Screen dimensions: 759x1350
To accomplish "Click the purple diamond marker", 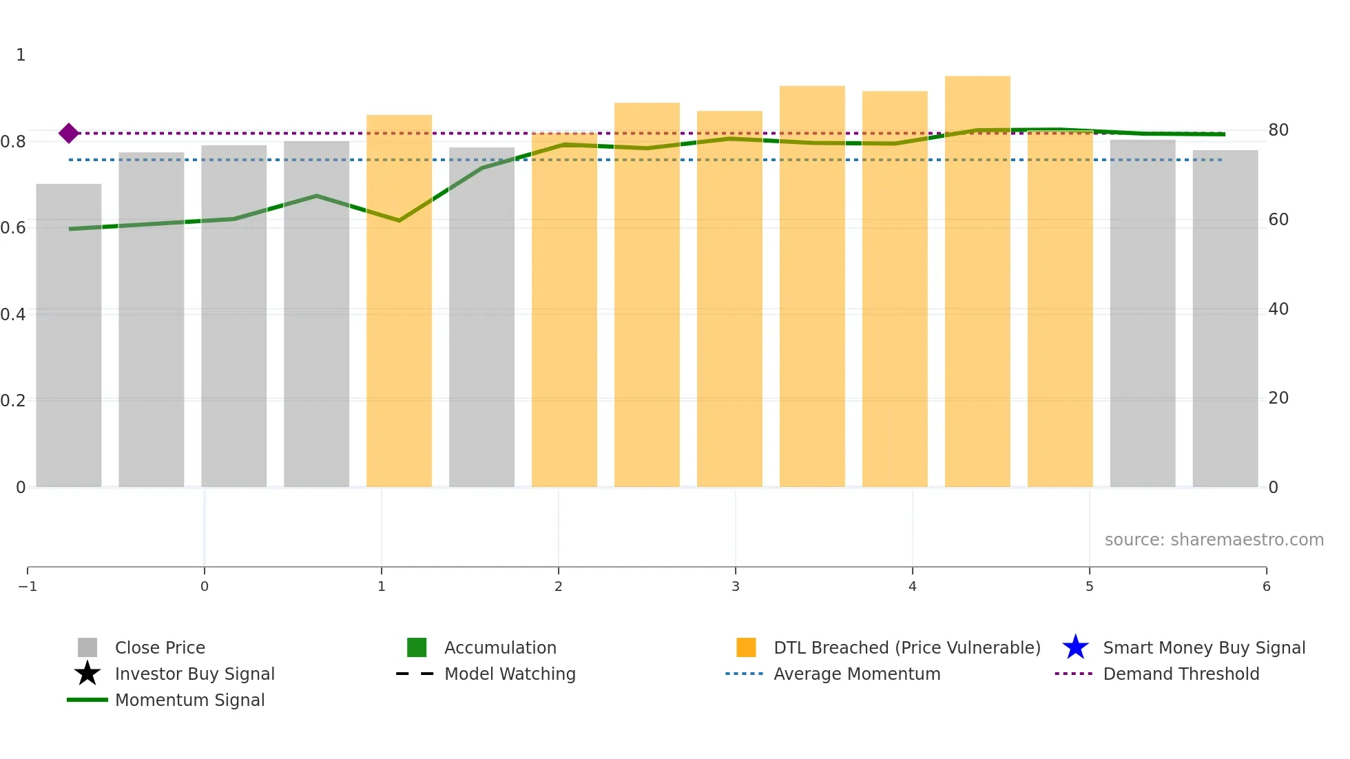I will click(x=68, y=133).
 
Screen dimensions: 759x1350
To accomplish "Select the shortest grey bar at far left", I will click(x=68, y=335).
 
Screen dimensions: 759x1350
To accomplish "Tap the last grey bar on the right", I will click(x=1225, y=318).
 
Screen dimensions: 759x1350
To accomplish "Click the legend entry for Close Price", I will click(x=159, y=647).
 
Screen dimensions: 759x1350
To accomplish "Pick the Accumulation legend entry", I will click(x=499, y=647).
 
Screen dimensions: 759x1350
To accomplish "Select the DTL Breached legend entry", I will click(x=906, y=647).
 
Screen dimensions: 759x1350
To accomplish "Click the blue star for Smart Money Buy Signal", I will click(x=1075, y=647).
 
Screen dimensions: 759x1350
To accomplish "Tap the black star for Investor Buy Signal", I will click(x=87, y=674).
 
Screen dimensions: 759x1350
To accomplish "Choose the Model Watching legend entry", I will click(x=509, y=674).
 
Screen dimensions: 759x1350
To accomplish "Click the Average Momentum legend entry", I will click(x=856, y=674).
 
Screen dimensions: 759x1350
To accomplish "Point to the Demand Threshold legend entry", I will click(x=1181, y=674).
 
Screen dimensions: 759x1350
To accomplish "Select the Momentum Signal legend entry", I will click(x=189, y=700).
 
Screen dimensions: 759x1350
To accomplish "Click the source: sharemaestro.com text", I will click(x=1214, y=539).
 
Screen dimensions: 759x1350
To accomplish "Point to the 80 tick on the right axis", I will click(x=1278, y=130).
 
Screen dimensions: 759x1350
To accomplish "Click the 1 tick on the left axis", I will click(x=21, y=55).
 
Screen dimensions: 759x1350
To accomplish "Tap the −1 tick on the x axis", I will click(x=28, y=586).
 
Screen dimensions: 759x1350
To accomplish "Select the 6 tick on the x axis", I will click(x=1266, y=586).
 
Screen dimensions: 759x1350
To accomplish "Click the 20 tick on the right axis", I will click(x=1278, y=398).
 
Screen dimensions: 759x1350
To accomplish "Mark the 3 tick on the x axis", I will click(x=735, y=586).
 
